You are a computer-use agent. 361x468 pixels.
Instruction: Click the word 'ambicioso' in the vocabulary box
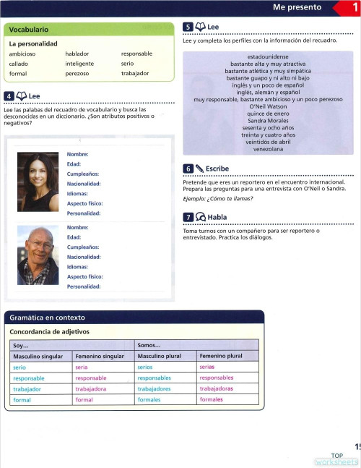pos(22,54)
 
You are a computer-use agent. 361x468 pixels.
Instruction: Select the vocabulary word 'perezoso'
pos(77,74)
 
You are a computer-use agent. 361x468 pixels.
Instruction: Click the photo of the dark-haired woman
pos(38,182)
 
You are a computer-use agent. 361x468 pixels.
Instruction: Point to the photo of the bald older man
pos(38,255)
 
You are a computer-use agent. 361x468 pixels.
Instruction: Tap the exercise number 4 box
pos(9,96)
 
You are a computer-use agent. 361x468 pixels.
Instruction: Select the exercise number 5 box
pos(188,27)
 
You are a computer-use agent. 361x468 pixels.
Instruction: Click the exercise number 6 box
pos(188,169)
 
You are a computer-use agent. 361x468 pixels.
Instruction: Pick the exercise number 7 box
pos(188,216)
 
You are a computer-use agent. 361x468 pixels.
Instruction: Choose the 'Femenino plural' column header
pos(220,357)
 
